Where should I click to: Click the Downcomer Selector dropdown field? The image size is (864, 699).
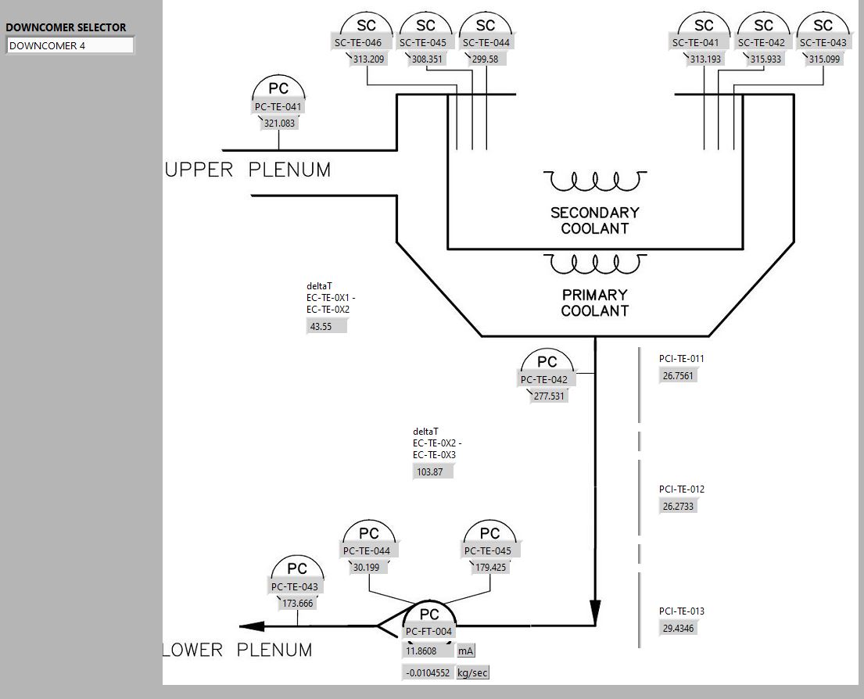[70, 45]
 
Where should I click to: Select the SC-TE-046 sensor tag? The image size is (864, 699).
[358, 42]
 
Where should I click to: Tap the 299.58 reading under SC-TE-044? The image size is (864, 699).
[485, 59]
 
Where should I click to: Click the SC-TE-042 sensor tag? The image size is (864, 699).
[762, 42]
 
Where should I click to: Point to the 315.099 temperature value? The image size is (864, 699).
[824, 59]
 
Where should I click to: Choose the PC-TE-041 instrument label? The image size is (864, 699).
[278, 106]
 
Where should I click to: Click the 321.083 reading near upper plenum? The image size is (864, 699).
[279, 123]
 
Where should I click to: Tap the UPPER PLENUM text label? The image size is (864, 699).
[248, 169]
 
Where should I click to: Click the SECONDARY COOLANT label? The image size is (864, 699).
[595, 220]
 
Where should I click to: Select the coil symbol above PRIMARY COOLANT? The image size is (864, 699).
[595, 263]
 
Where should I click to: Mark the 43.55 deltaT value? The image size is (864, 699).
[326, 326]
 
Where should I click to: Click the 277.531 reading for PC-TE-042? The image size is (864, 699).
[550, 396]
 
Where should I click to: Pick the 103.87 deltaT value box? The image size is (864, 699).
[433, 471]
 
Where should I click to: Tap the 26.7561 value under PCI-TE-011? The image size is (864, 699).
[679, 375]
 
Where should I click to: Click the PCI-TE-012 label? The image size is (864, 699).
[682, 489]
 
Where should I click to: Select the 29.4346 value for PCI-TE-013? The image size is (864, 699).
[679, 629]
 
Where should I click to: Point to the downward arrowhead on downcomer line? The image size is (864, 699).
[595, 611]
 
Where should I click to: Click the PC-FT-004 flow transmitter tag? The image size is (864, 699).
[428, 631]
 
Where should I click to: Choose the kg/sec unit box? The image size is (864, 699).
[473, 672]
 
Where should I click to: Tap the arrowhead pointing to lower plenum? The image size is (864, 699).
[253, 626]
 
